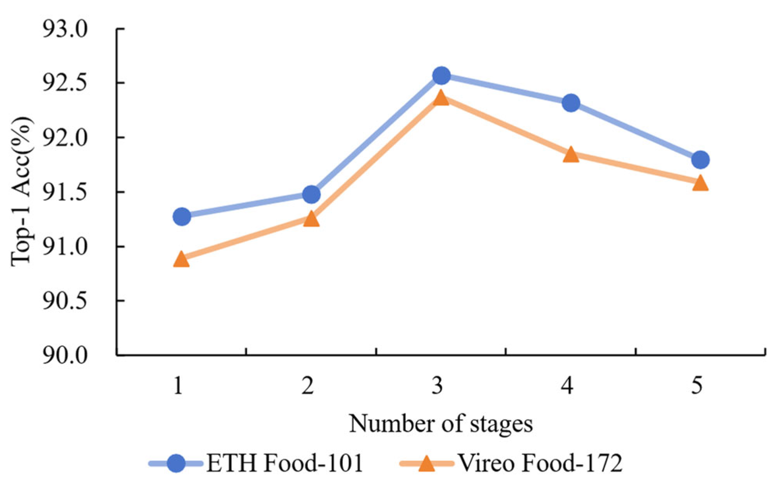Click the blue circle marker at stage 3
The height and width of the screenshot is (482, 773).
pos(441,75)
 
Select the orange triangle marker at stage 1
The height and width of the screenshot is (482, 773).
pos(181,259)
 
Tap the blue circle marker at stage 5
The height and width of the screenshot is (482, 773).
pos(700,160)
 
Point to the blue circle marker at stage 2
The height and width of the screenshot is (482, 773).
pos(311,194)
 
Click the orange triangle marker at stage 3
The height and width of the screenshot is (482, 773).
pos(441,98)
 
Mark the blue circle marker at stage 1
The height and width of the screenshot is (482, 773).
pos(181,216)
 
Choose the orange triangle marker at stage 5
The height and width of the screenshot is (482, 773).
pos(700,183)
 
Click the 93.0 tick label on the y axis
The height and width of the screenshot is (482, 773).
pos(65,30)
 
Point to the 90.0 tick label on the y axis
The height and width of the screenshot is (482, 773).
pos(65,356)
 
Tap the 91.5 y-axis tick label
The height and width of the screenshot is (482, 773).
pos(65,193)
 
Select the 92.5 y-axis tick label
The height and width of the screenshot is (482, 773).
pos(65,84)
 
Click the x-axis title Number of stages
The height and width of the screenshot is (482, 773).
pos(441,424)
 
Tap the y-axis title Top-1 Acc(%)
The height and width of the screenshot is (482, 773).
pos(21,192)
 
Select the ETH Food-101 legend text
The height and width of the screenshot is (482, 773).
pos(285,463)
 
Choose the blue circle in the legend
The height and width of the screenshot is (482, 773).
pos(177,463)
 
